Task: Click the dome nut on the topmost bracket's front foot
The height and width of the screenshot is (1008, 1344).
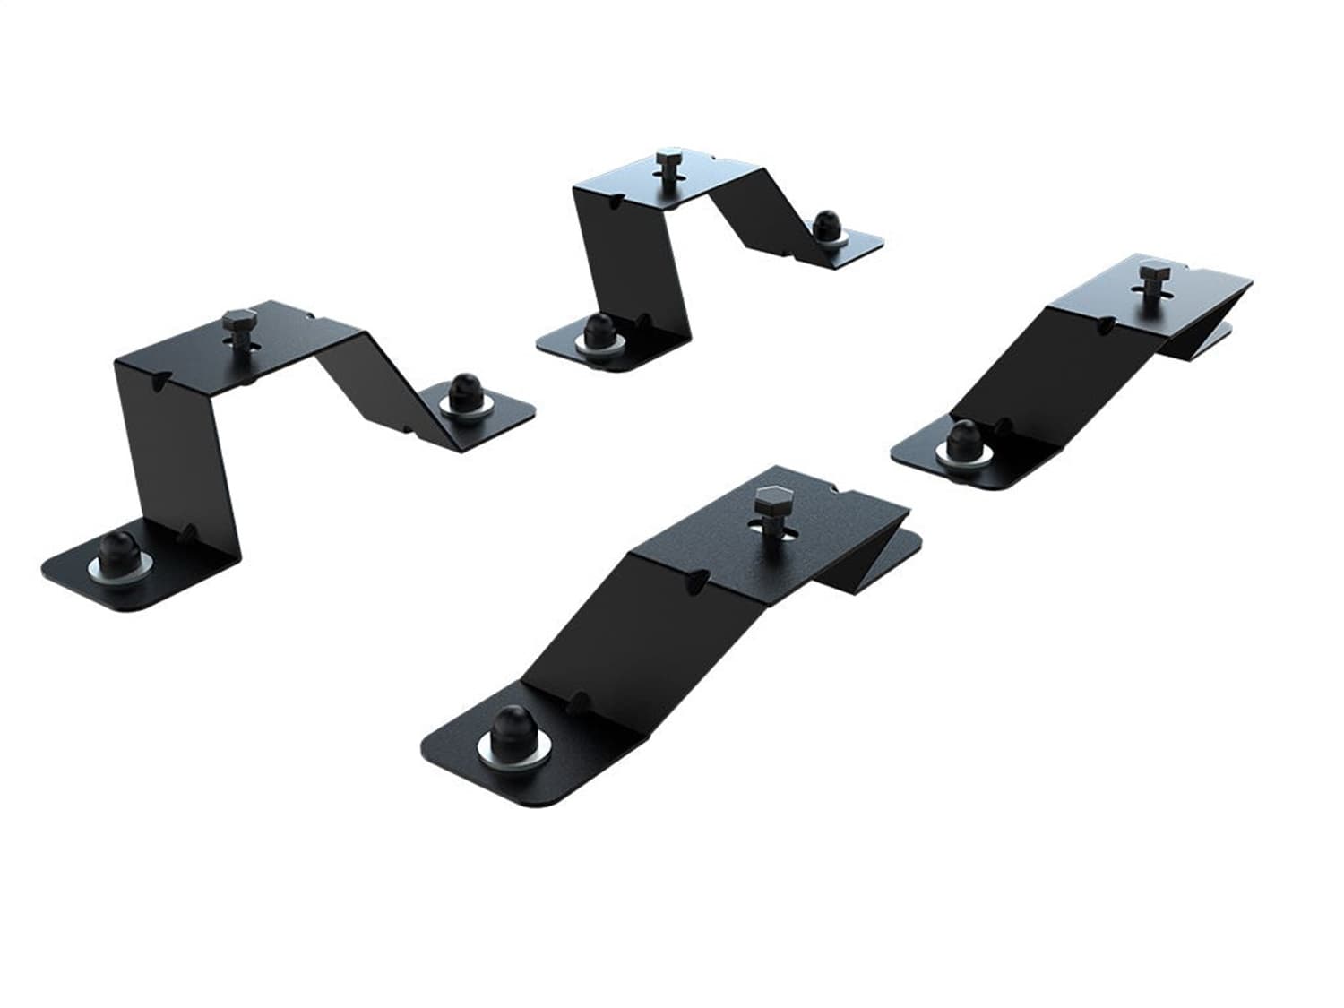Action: [x=596, y=332]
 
